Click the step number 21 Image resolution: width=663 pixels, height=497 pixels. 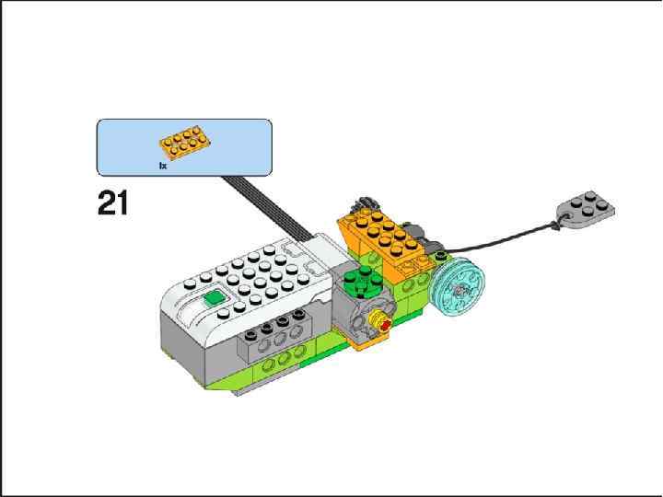[112, 202]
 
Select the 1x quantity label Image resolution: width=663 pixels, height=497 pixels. [163, 166]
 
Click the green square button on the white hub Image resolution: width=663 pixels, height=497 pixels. [215, 297]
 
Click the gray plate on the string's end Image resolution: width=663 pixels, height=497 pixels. [584, 210]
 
